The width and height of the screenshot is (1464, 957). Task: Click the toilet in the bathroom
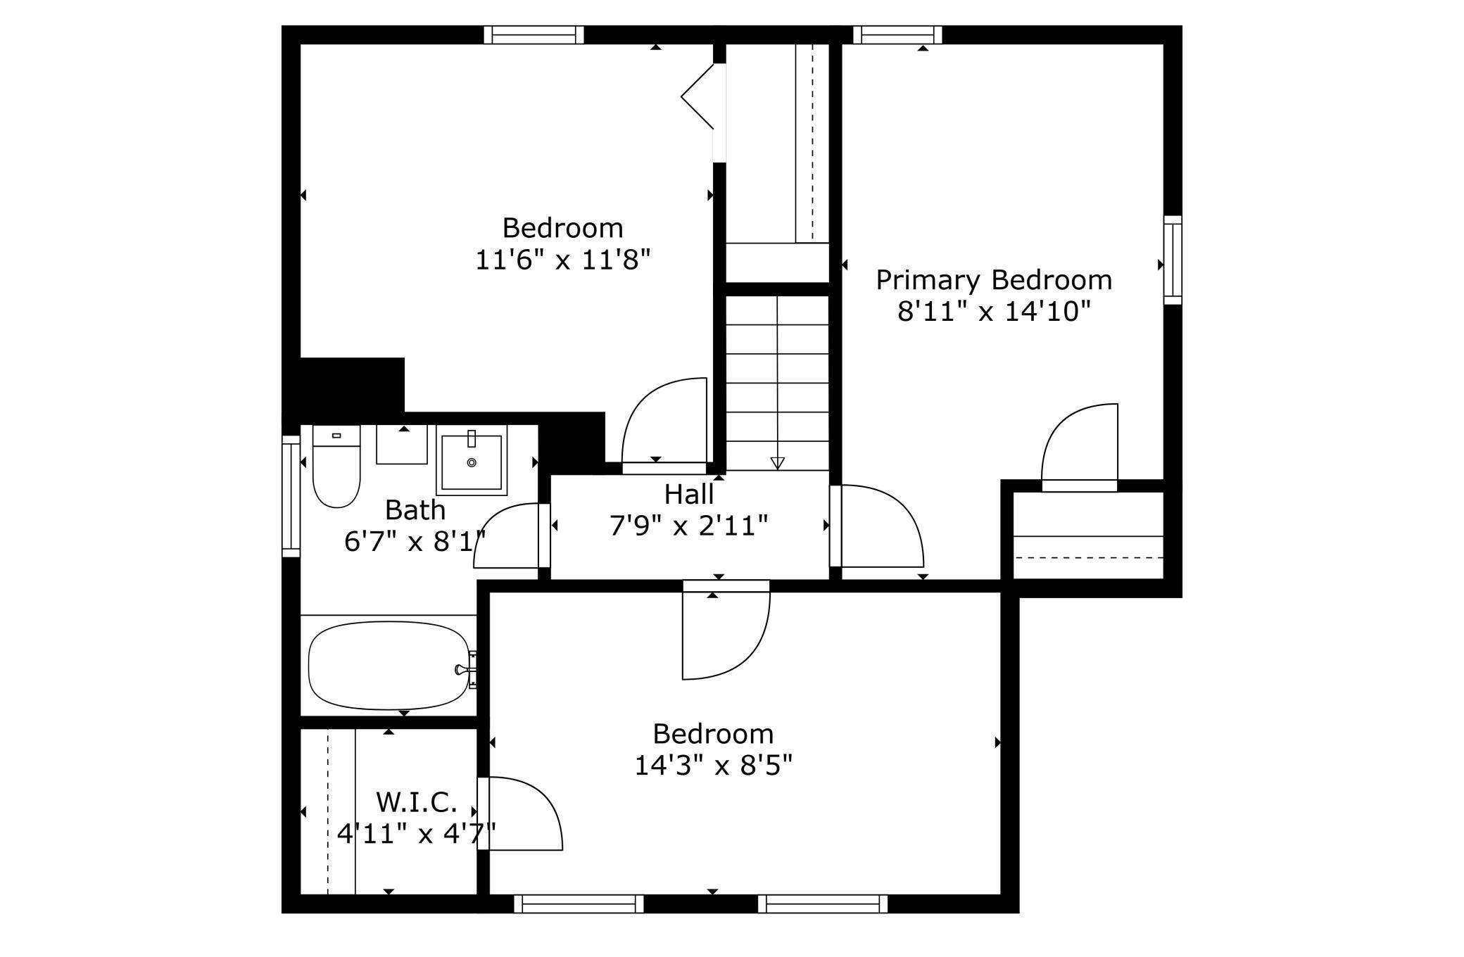pos(336,466)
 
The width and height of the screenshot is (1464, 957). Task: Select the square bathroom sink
pos(471,460)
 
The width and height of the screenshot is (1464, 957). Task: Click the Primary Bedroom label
pos(994,280)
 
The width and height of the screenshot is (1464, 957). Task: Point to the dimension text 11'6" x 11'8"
pos(562,260)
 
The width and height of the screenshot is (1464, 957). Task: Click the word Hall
pos(689,494)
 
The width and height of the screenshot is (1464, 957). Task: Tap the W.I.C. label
pos(417,801)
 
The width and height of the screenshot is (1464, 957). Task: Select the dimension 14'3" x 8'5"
pos(714,765)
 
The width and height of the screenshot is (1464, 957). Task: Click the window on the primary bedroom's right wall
pos(1172,260)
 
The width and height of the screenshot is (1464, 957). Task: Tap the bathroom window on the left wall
pos(291,496)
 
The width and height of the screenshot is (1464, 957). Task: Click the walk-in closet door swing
pos(520,813)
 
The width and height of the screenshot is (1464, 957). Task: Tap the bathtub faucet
pos(465,668)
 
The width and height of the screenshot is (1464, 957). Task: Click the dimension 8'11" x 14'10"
pos(994,311)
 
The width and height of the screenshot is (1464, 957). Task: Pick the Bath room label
pos(415,509)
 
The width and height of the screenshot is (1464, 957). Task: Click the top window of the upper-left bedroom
pos(534,34)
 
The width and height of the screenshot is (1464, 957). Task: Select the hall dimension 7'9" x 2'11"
pos(689,526)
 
